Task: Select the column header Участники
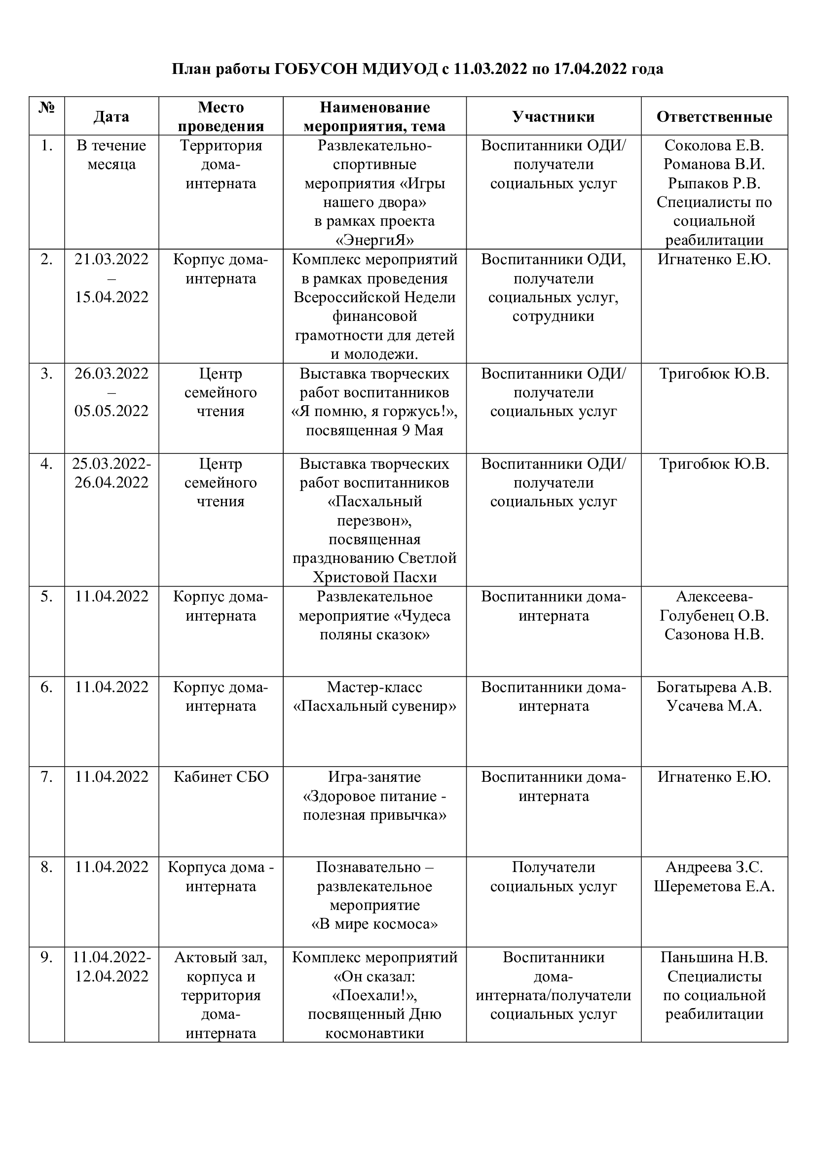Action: click(553, 116)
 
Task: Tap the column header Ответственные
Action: click(714, 116)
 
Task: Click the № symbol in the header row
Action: click(47, 107)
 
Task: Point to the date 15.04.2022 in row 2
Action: click(111, 297)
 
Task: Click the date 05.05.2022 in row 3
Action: click(111, 411)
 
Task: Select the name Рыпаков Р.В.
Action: click(714, 183)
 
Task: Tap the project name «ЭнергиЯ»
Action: click(374, 240)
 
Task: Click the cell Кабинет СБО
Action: click(221, 777)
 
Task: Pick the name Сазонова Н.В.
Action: click(714, 635)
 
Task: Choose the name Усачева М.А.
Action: click(714, 706)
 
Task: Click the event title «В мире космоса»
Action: click(374, 924)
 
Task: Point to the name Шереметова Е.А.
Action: click(714, 886)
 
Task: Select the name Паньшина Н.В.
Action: click(714, 958)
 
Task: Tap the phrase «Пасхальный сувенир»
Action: click(374, 706)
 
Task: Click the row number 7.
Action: click(47, 777)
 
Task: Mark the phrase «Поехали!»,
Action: click(374, 995)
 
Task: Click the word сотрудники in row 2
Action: click(553, 316)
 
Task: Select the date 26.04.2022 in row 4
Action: click(111, 483)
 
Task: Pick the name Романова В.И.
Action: click(714, 164)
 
